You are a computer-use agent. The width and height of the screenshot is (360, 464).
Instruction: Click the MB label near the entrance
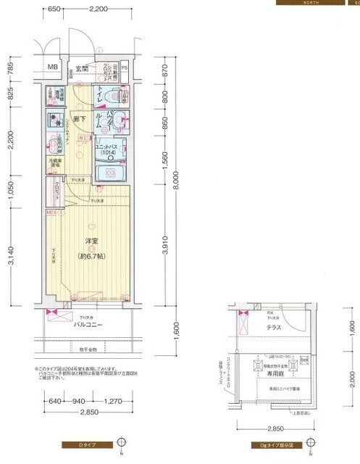coord(52,68)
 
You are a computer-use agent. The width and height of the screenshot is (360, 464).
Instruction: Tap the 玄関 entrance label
coord(80,70)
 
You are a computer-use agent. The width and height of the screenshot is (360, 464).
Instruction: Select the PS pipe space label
coord(125,68)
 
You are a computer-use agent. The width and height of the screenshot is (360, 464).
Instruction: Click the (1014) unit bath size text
coord(107,154)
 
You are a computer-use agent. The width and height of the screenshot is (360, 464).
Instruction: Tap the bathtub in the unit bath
coord(112,173)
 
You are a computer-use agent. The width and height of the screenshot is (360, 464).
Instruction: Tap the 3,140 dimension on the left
coord(11,254)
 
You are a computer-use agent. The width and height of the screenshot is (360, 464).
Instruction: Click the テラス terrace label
coord(274,328)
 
